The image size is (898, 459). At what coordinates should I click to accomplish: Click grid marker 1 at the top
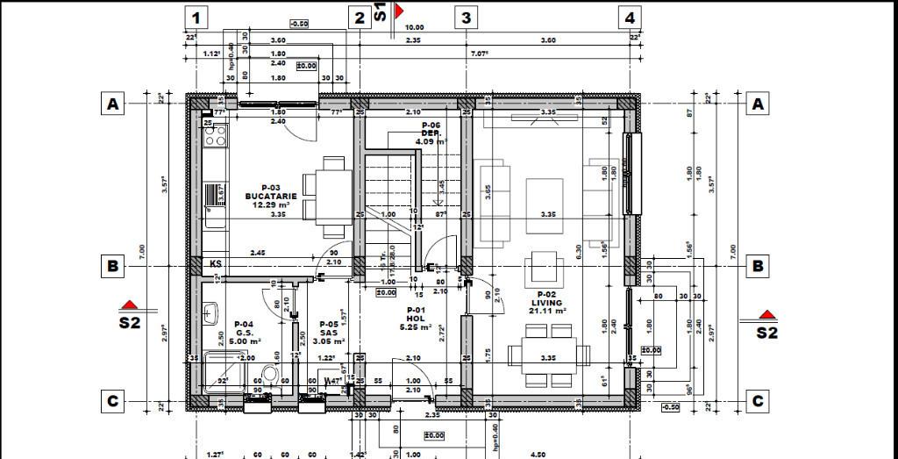[196, 17]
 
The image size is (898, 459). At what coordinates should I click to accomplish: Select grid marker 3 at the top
[466, 17]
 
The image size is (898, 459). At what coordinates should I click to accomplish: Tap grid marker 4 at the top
[629, 17]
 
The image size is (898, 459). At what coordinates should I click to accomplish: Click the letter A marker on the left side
[112, 104]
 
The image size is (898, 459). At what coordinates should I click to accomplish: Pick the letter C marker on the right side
[758, 401]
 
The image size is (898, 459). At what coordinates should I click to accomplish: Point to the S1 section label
[381, 11]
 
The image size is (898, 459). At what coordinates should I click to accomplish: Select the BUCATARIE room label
[271, 196]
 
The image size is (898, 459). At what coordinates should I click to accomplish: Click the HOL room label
[415, 319]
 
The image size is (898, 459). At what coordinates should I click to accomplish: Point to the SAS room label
[328, 333]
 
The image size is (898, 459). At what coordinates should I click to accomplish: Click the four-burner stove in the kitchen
[215, 136]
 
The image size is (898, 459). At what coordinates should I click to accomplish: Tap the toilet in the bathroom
[271, 376]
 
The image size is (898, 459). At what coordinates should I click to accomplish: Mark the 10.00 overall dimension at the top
[414, 28]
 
